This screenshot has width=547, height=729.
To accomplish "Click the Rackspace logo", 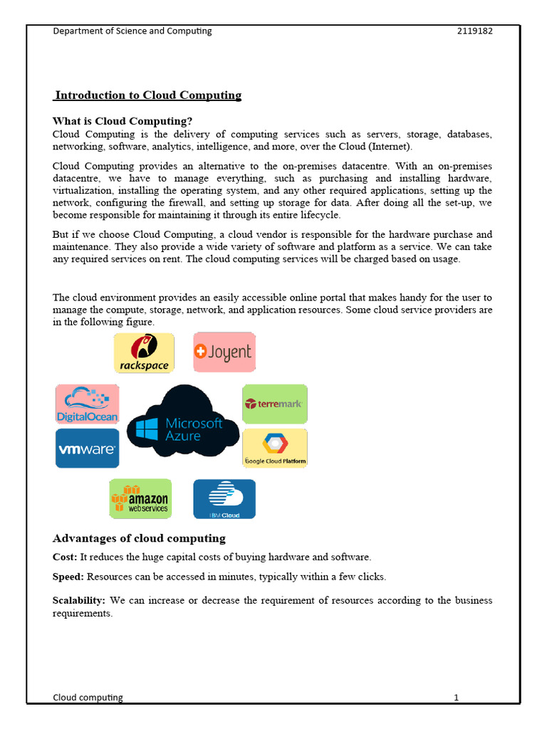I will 144,352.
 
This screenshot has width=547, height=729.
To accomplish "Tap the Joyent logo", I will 224,352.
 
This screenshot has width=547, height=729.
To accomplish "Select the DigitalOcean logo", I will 87,404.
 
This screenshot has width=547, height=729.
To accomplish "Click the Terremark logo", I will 274,404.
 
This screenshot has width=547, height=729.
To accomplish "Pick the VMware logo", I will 87,449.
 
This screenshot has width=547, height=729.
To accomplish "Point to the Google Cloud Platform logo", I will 275,449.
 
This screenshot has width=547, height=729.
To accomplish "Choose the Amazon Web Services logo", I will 140,498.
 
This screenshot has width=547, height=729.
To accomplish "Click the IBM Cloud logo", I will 224,499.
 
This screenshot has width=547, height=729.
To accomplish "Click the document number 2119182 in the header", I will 474,31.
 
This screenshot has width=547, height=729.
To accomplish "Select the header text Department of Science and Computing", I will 132,31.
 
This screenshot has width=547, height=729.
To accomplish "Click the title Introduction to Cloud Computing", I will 148,95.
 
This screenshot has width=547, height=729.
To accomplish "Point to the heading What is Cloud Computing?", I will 123,121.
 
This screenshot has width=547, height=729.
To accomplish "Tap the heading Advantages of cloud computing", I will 139,538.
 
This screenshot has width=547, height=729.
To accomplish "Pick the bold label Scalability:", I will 79,600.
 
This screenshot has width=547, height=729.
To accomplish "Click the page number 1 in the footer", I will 456,698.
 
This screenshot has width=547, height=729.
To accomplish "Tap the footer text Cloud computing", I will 88,698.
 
